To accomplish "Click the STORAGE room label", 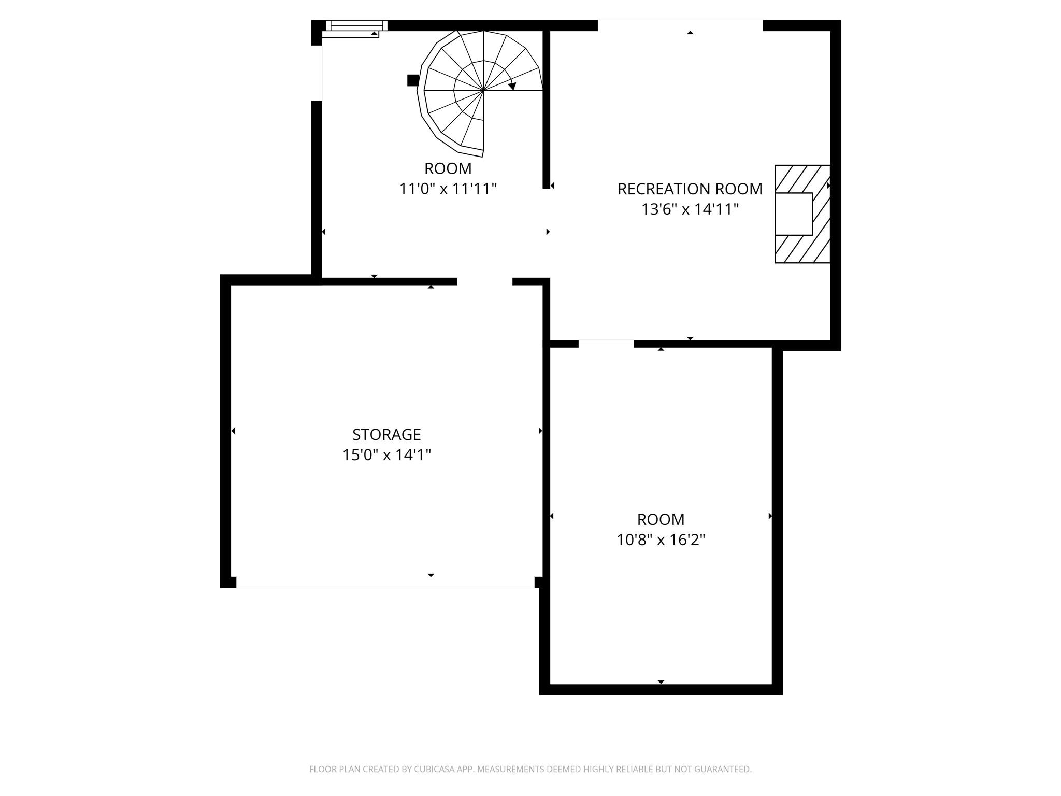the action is tap(386, 434).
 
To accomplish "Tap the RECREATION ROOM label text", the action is tap(690, 189).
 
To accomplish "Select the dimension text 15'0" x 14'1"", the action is tap(386, 455).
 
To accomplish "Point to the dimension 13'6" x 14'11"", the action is tap(690, 209).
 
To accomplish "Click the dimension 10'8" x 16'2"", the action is tap(661, 540).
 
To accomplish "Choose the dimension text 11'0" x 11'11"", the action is tap(448, 189).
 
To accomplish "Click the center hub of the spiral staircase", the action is tap(483, 90).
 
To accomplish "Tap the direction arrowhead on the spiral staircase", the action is tap(512, 86).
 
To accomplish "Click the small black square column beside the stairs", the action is tap(413, 80).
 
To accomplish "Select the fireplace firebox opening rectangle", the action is tap(793, 214).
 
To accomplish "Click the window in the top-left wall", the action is tap(356, 25).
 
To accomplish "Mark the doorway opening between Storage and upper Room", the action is tap(484, 281).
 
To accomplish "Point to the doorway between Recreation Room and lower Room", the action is tap(606, 344).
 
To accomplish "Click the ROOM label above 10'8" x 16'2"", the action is tap(661, 519).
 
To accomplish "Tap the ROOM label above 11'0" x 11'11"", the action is tap(448, 168).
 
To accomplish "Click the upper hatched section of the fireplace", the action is tap(802, 179).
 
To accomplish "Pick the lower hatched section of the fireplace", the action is tap(802, 249).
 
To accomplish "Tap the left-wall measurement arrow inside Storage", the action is tap(233, 431).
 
